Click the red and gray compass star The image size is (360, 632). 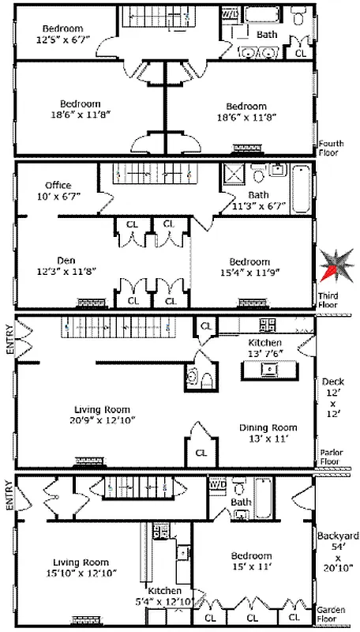[x=335, y=265]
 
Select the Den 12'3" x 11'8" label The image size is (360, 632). [x=54, y=265]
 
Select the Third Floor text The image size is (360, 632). [x=328, y=300]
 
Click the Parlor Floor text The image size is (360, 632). [x=331, y=457]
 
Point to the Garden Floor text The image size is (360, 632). [x=332, y=615]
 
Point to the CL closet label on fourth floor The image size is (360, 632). [x=300, y=54]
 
